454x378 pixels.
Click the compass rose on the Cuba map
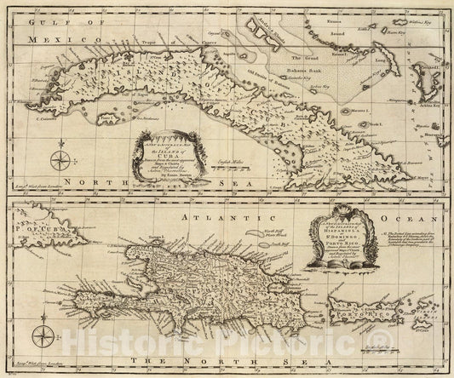[x=58, y=159]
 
